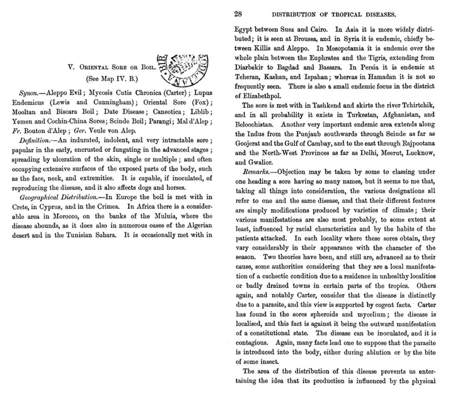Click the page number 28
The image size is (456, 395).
[238, 14]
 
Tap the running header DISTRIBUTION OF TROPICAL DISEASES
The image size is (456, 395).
[334, 15]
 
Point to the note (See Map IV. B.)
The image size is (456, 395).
[112, 79]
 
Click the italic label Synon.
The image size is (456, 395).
[28, 93]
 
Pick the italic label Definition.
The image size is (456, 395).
[34, 140]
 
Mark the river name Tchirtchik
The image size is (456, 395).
[418, 106]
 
